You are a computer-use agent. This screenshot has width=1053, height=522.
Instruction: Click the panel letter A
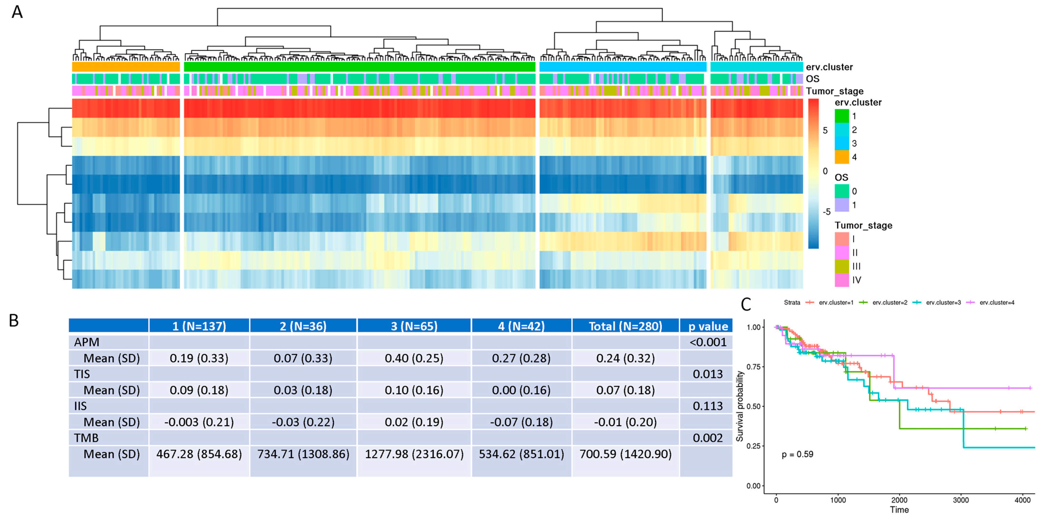pos(17,12)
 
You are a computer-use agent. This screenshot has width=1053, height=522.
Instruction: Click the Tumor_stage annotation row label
pos(834,91)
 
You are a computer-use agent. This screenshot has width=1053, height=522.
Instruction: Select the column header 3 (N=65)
pos(414,326)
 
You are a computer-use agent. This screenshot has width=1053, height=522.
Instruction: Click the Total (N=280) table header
pos(625,326)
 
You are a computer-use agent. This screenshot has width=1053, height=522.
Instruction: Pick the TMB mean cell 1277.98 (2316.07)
pos(414,454)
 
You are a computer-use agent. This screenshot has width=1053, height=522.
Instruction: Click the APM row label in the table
pos(87,342)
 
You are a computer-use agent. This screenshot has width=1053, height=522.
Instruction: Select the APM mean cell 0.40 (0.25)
pos(414,358)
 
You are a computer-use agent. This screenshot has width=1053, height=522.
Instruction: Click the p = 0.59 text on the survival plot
pos(797,454)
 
